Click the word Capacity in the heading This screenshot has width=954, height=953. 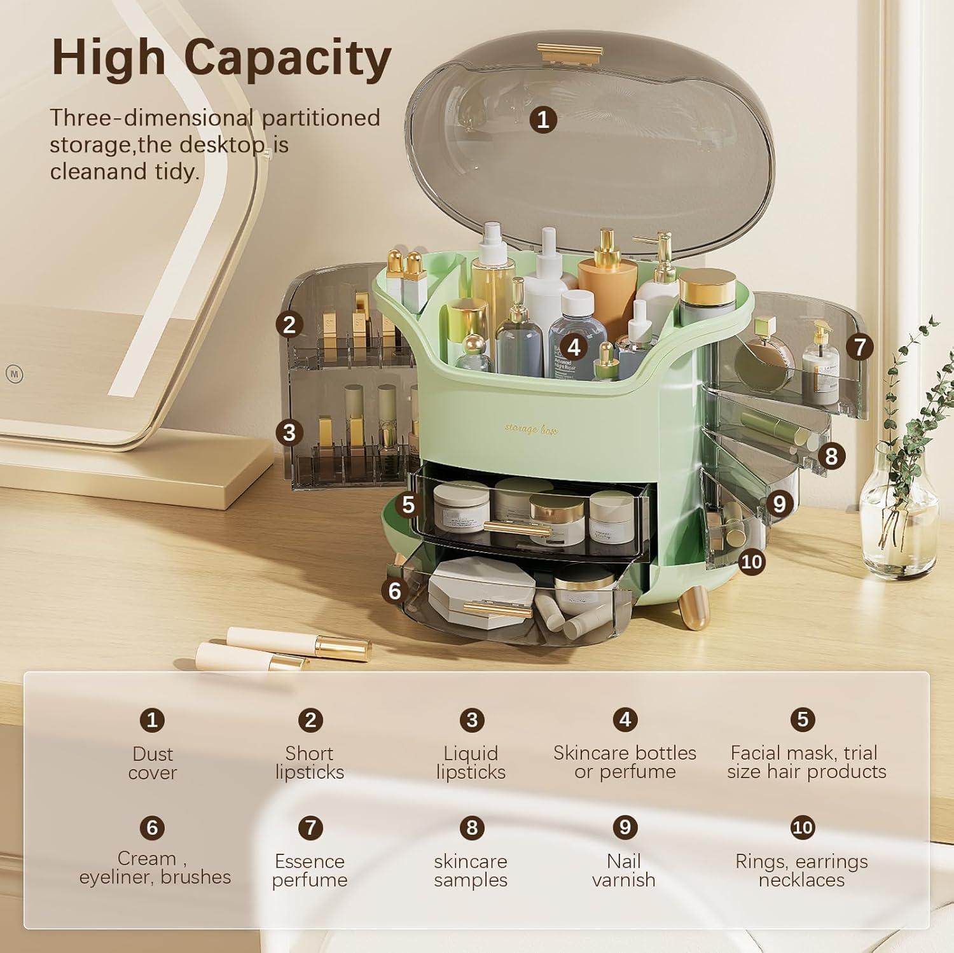coord(287,59)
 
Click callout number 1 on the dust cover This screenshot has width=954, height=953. coord(543,120)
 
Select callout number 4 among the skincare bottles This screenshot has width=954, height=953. coord(574,347)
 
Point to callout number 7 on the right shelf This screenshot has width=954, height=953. coord(860,347)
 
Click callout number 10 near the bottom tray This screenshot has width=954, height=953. coord(751,562)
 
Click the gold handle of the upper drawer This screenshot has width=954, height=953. coord(516,528)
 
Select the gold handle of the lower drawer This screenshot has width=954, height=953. coord(497,609)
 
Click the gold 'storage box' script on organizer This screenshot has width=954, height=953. coord(531,429)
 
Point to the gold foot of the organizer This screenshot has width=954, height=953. coord(693,608)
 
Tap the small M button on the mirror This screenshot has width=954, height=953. coord(14,374)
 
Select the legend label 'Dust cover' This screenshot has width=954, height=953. coord(153,763)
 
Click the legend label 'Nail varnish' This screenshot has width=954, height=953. coord(623,870)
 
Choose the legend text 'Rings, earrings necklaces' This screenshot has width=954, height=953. coord(801,870)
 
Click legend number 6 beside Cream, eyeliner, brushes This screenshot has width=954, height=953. coord(152,828)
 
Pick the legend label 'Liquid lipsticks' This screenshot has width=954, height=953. coord(471,762)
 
